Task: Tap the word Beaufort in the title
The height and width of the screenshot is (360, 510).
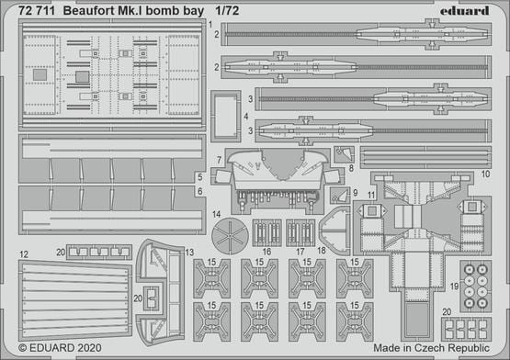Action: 100,12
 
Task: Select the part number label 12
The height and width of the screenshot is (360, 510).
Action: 23,253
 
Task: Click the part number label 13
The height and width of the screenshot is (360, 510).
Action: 189,252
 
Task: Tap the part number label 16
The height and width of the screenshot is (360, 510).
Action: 267,250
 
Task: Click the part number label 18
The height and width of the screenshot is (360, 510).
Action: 322,250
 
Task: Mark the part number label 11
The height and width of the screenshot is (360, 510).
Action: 371,195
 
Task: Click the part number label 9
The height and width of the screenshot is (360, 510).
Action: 357,194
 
